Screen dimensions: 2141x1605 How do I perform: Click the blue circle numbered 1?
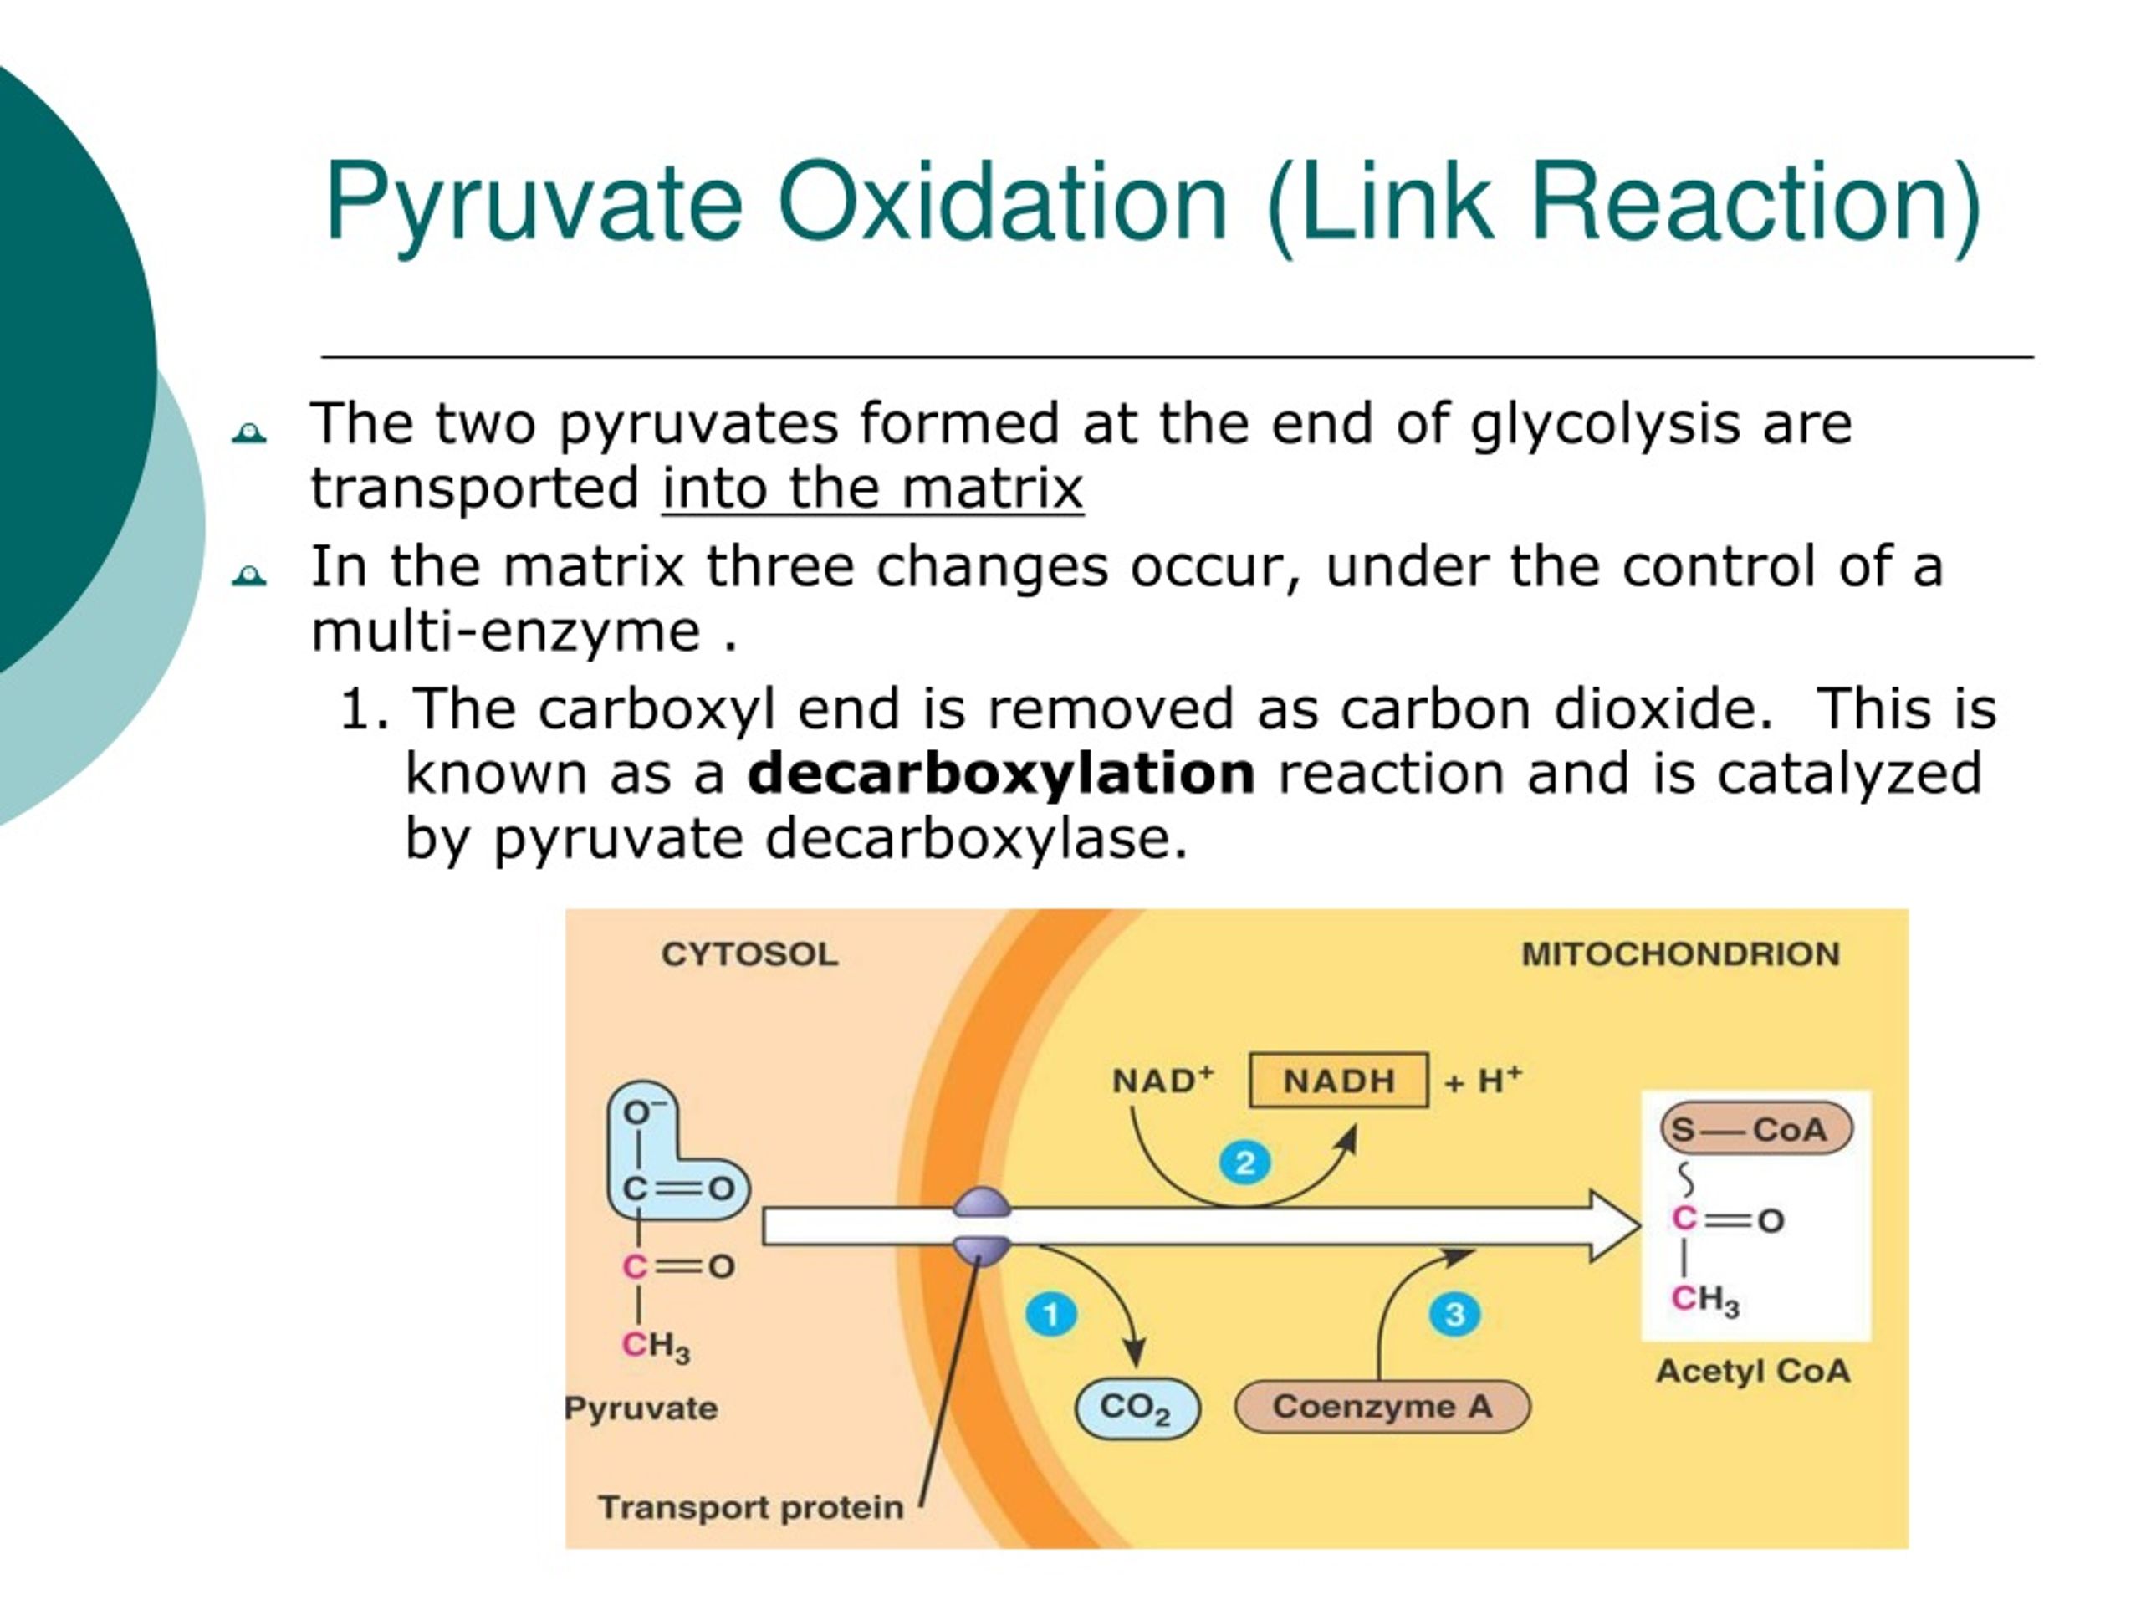click(x=1050, y=1314)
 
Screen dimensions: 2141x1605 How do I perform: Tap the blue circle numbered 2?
click(x=1244, y=1162)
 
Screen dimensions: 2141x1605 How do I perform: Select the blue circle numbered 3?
click(x=1454, y=1314)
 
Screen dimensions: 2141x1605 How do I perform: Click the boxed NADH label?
click(x=1339, y=1080)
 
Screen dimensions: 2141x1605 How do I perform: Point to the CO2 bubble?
click(x=1137, y=1408)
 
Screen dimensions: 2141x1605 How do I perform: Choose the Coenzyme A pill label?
click(x=1382, y=1406)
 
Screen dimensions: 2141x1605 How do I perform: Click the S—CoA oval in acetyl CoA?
click(x=1755, y=1129)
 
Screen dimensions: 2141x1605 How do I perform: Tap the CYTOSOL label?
click(x=750, y=954)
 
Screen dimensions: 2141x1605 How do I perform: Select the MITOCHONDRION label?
click(x=1680, y=954)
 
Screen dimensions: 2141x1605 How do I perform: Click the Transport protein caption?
click(x=750, y=1507)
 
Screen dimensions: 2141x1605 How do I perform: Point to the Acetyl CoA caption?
click(x=1753, y=1371)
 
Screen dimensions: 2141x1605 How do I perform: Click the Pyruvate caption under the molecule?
click(x=641, y=1408)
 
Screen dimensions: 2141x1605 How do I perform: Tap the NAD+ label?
click(x=1162, y=1080)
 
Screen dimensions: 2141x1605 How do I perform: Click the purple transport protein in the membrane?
click(x=982, y=1226)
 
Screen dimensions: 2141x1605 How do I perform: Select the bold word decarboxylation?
click(x=1002, y=774)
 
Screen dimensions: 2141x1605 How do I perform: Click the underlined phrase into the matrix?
click(x=872, y=487)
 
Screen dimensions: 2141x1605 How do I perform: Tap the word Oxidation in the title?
click(x=1001, y=202)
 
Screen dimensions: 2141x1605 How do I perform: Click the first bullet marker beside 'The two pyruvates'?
click(x=248, y=432)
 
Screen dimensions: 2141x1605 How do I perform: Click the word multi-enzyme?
click(x=505, y=631)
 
